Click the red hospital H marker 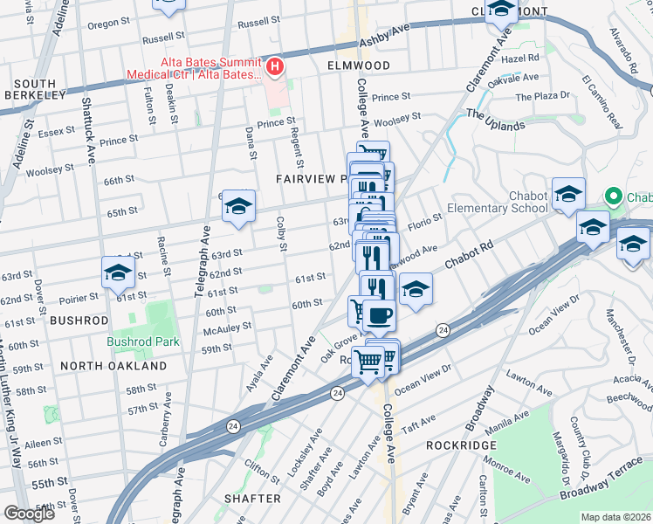pyautogui.click(x=275, y=65)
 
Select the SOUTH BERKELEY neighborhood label pyautogui.click(x=35, y=88)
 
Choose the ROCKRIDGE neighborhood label pyautogui.click(x=461, y=445)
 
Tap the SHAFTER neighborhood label pyautogui.click(x=252, y=499)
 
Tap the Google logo pyautogui.click(x=29, y=514)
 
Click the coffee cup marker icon pyautogui.click(x=378, y=315)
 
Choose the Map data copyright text pyautogui.click(x=615, y=517)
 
